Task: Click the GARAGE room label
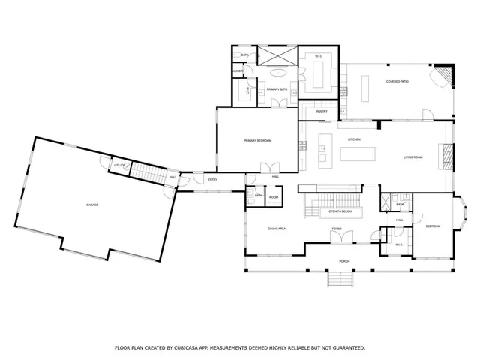[x=92, y=205]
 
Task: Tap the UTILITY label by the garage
[x=119, y=165]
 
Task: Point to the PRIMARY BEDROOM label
[x=257, y=141]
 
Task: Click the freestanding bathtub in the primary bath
[x=279, y=73]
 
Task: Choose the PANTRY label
[x=322, y=111]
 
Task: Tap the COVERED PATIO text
[x=397, y=81]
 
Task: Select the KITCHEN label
[x=354, y=140]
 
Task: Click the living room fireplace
[x=448, y=155]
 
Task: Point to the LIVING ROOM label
[x=414, y=157]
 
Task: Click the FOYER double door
[x=341, y=238]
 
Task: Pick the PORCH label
[x=344, y=261]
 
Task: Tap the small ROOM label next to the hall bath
[x=274, y=197]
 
